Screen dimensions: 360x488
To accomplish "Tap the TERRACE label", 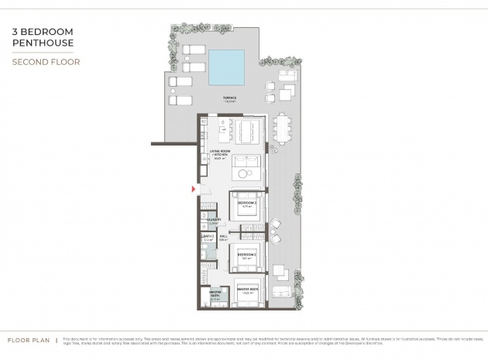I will [x=229, y=98].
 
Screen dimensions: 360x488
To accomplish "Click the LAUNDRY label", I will [x=213, y=221].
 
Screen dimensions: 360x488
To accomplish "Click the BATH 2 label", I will [x=208, y=237].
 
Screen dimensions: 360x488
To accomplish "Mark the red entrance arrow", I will [x=193, y=189].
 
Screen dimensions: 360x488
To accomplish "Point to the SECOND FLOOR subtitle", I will [x=46, y=61].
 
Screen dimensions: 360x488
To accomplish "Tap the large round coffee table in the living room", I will [x=249, y=171].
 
